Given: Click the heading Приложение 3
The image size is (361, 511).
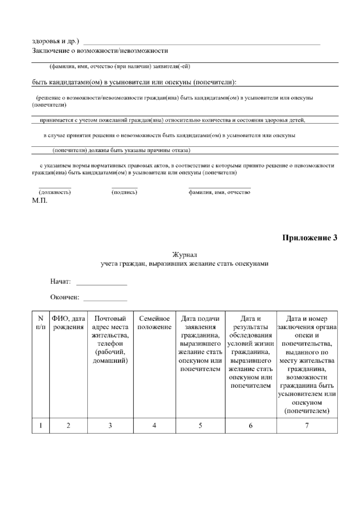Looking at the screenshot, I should pos(310,238).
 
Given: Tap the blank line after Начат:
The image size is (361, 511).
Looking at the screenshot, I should pos(102,283).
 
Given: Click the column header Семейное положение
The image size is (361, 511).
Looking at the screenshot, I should pos(154,323).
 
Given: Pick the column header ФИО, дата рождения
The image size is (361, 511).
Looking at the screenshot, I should pos(68,323).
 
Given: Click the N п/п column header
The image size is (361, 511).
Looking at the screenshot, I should pos(41,323).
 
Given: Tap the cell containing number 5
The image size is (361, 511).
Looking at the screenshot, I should pos(200,426).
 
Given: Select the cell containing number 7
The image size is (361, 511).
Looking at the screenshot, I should pos(307,426).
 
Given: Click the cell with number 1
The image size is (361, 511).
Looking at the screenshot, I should pos(41,426).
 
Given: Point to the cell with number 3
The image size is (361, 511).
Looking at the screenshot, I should pos(110,426).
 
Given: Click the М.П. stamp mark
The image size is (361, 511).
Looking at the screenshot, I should pos(40,201).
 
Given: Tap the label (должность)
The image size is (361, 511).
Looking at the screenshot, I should pos(55,192).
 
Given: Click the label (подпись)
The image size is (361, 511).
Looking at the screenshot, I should pos(124,192).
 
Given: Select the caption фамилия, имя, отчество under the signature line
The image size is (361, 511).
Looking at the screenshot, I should pos(219,192).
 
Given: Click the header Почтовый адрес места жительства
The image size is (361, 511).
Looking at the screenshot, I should pos(110,327).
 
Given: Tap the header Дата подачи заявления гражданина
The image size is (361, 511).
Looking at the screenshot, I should pos(200,327).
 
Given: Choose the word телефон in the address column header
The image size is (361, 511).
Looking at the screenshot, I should pos(110,344).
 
